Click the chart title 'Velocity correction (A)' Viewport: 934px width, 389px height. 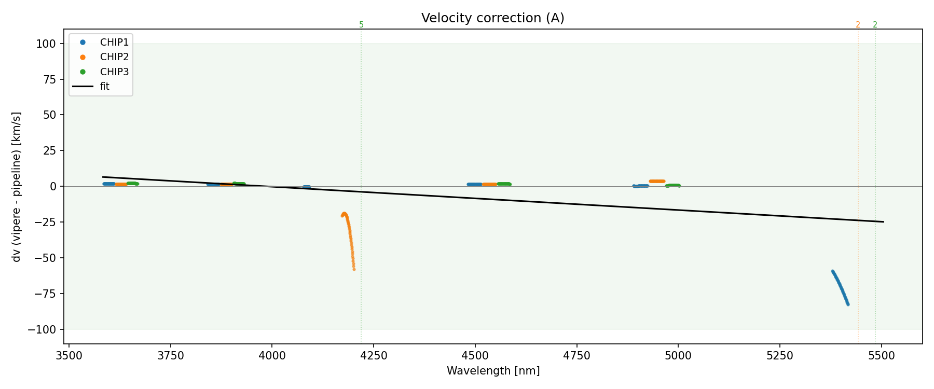pos(492,18)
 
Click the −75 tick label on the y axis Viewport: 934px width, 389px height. pos(46,294)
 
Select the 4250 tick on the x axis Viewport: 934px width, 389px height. pos(374,355)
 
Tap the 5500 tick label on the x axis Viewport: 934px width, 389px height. pos(882,355)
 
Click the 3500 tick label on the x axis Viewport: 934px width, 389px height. pos(69,355)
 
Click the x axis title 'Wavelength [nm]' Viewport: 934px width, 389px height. pos(493,371)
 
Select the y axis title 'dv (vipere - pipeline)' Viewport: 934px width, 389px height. pos(17,187)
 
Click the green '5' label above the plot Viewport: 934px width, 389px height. pos(362,25)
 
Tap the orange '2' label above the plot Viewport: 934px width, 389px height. pos(858,25)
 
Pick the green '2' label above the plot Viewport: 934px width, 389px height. pos(875,25)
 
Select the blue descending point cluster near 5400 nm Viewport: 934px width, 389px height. pos(840,287)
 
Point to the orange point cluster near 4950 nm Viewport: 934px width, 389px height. pos(657,181)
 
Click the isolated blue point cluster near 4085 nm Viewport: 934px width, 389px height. pos(307,187)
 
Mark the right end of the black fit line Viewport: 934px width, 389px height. pos(883,222)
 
